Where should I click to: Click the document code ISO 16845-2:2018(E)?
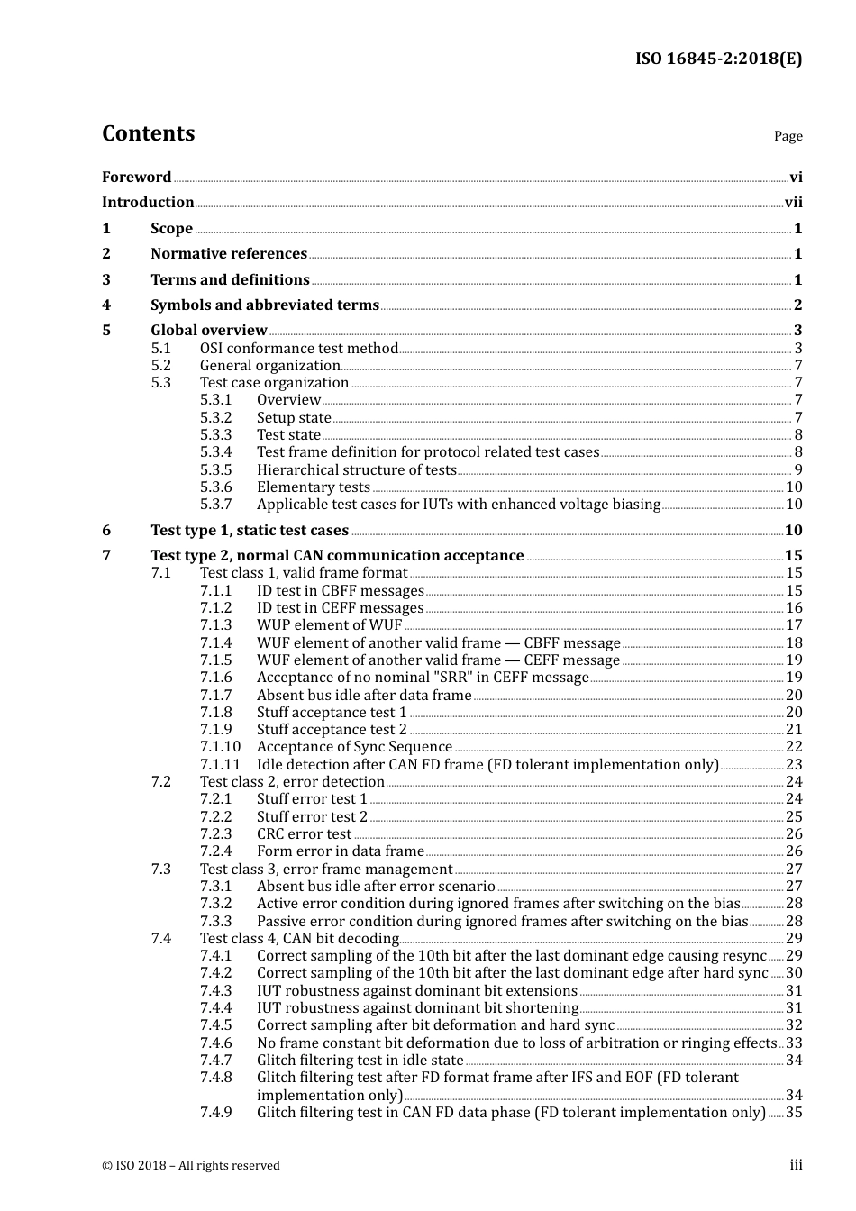pyautogui.click(x=718, y=59)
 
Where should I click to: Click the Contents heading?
pyautogui.click(x=148, y=133)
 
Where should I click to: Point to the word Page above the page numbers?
pyautogui.click(x=788, y=136)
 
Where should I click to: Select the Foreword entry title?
pyautogui.click(x=136, y=178)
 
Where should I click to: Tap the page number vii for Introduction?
pyautogui.click(x=793, y=203)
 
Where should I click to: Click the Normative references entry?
pyautogui.click(x=229, y=254)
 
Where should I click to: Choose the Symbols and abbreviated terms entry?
pyautogui.click(x=265, y=305)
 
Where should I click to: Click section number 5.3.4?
pyautogui.click(x=216, y=452)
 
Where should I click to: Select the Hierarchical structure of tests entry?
pyautogui.click(x=357, y=469)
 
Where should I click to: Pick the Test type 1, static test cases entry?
pyautogui.click(x=250, y=531)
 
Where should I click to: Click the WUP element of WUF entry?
pyautogui.click(x=329, y=625)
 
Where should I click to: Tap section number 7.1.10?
pyautogui.click(x=221, y=747)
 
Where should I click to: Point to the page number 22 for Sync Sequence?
pyautogui.click(x=794, y=747)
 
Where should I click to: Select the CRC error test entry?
pyautogui.click(x=304, y=834)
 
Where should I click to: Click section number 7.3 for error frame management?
pyautogui.click(x=161, y=870)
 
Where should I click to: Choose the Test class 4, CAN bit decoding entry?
pyautogui.click(x=299, y=939)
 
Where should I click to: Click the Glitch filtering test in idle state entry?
pyautogui.click(x=360, y=1061)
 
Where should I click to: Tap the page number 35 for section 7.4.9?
pyautogui.click(x=794, y=1113)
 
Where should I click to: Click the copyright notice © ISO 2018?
pyautogui.click(x=191, y=1166)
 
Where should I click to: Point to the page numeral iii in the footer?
pyautogui.click(x=796, y=1165)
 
